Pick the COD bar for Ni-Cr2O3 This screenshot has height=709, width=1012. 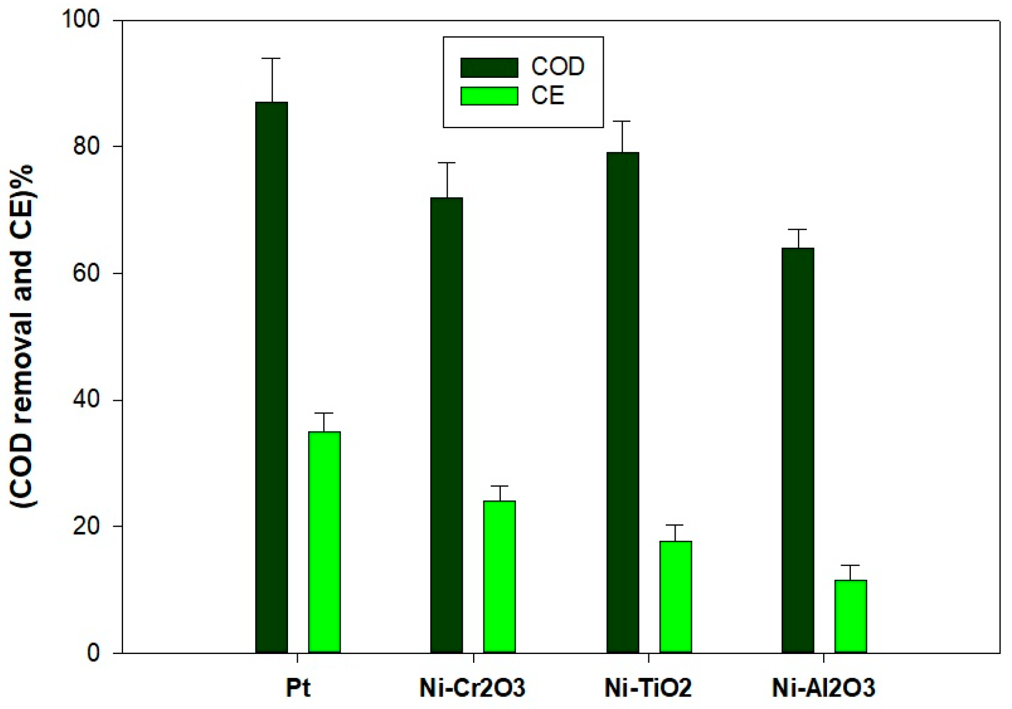point(446,425)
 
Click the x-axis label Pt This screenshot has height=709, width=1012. point(298,688)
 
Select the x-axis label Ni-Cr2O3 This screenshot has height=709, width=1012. point(473,688)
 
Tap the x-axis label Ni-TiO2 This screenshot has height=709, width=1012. point(648,688)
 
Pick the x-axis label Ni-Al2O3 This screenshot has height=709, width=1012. point(823,688)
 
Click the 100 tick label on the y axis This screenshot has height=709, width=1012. point(81,20)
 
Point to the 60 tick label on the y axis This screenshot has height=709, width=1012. point(87,273)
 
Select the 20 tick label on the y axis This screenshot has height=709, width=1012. point(87,526)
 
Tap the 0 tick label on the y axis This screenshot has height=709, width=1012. point(93,652)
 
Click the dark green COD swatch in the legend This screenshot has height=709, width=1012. point(489,68)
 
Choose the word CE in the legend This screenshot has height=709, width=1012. point(547,96)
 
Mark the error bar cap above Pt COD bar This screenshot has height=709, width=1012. point(272,58)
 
